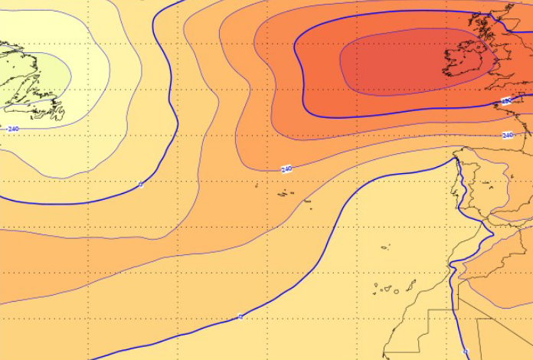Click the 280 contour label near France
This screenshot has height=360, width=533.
coord(506,100)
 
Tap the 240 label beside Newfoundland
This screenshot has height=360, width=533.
coord(13,129)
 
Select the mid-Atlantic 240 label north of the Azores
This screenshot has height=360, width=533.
coord(286,169)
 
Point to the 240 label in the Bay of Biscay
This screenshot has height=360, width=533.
coord(507,135)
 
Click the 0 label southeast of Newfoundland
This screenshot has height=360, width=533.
coord(140,184)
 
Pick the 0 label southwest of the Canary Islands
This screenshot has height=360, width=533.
coord(240,316)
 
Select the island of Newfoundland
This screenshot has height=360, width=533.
coord(31,84)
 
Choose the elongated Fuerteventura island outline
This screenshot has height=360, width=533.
coord(411,287)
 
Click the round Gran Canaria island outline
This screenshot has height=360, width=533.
coord(391,290)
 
